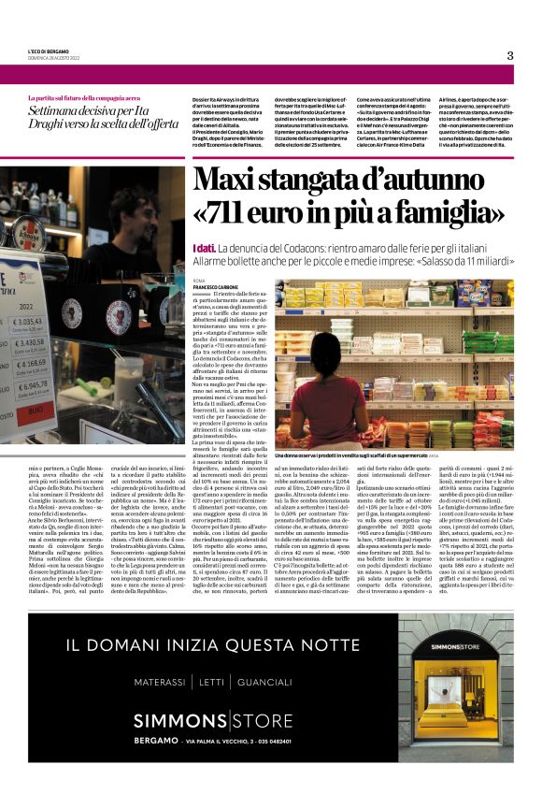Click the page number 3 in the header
pos(510,55)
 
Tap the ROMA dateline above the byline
pos(198,280)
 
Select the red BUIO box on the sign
pos(36,409)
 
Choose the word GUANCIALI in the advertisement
pos(265,680)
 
